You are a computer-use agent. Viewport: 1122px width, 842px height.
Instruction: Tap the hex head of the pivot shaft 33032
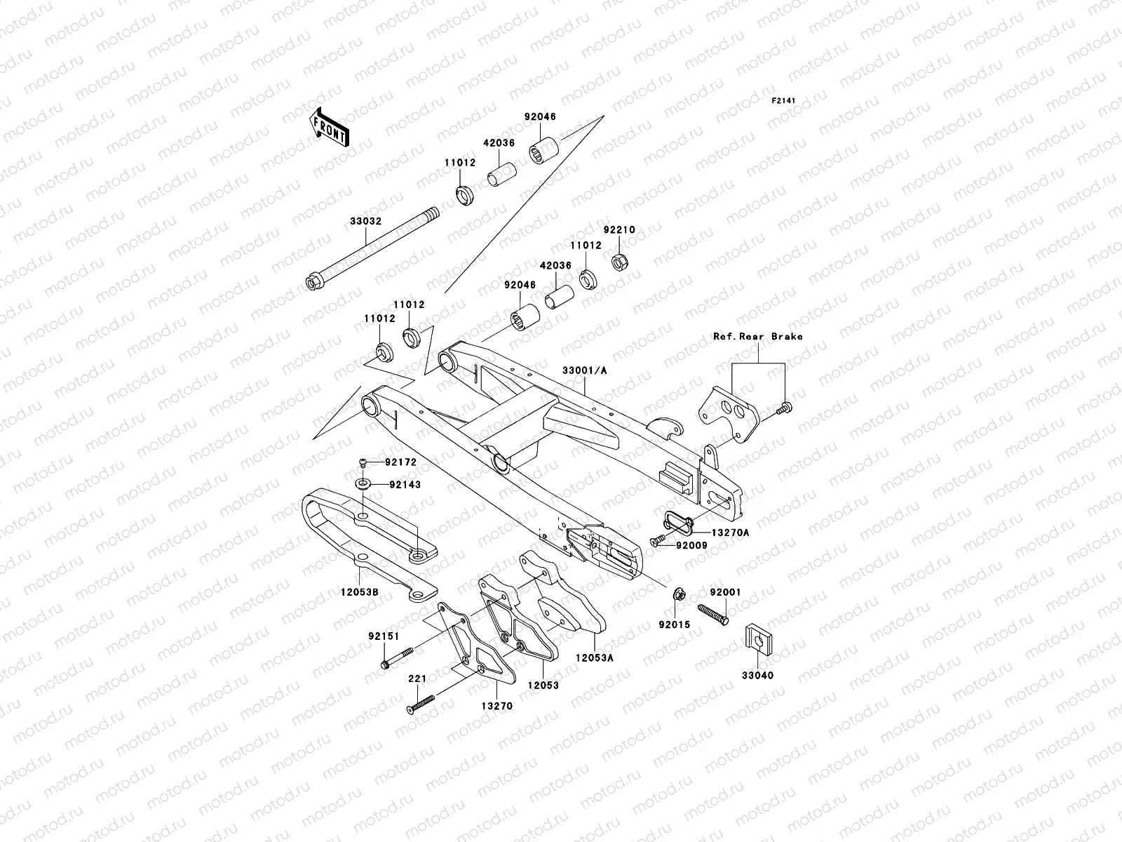click(x=313, y=283)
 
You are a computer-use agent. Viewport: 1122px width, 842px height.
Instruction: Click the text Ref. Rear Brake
click(x=757, y=336)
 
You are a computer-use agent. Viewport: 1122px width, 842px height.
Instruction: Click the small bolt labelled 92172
click(x=363, y=462)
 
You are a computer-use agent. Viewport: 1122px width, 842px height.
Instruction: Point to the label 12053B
click(x=360, y=592)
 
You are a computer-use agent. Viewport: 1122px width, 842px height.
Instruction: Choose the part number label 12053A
click(x=595, y=658)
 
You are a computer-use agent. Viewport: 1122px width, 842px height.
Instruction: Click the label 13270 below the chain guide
click(x=496, y=706)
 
